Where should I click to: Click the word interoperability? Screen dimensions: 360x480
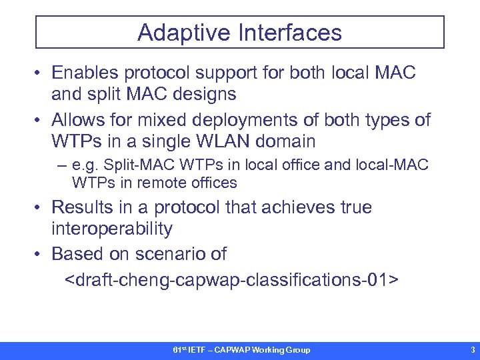coord(112,229)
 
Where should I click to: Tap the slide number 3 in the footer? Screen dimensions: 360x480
coord(472,350)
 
